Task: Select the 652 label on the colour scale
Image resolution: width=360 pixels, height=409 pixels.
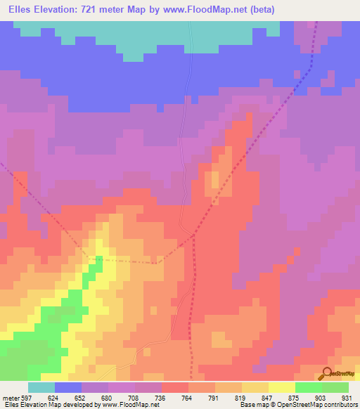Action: [x=82, y=397]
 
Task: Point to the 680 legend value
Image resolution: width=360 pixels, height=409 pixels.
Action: [x=108, y=397]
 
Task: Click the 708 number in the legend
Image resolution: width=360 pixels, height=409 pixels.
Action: [x=135, y=397]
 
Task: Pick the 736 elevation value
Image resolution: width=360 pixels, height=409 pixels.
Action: [x=162, y=397]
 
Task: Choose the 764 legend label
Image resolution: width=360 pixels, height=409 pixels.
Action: [x=188, y=397]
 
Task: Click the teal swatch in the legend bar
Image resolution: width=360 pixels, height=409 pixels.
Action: [x=41, y=387]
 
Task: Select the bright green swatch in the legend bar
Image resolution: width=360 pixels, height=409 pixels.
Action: [x=308, y=387]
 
